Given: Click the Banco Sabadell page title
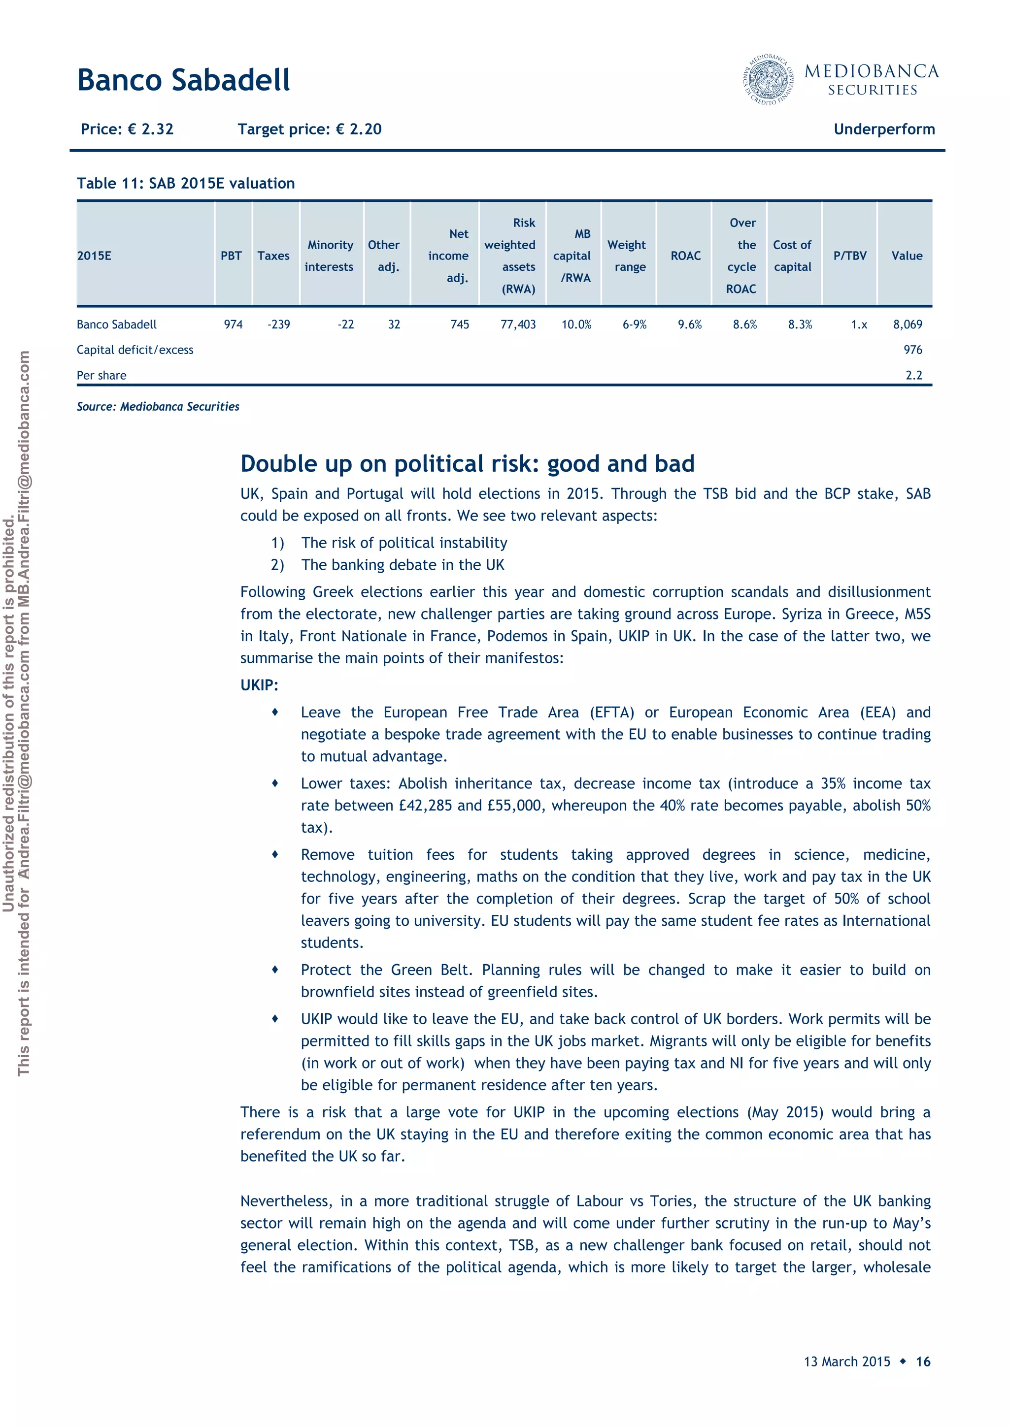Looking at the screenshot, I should [183, 80].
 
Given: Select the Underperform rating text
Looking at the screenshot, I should [883, 130].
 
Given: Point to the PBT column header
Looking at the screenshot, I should [231, 256].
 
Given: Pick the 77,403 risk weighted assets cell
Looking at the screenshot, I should [518, 324].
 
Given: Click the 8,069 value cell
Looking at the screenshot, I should [907, 324].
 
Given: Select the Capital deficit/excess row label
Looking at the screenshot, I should [135, 350].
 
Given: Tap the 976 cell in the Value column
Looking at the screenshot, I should [912, 350].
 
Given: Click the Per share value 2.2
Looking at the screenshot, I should [913, 375].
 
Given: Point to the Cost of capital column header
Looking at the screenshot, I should [792, 256].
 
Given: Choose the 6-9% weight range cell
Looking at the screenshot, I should [634, 324].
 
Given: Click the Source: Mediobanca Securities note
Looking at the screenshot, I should [158, 406].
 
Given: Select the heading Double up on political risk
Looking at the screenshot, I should [467, 464].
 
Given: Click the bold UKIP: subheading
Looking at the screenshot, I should [259, 685].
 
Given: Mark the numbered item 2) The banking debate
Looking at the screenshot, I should [387, 564].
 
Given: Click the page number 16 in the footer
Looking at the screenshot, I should [923, 1361].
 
